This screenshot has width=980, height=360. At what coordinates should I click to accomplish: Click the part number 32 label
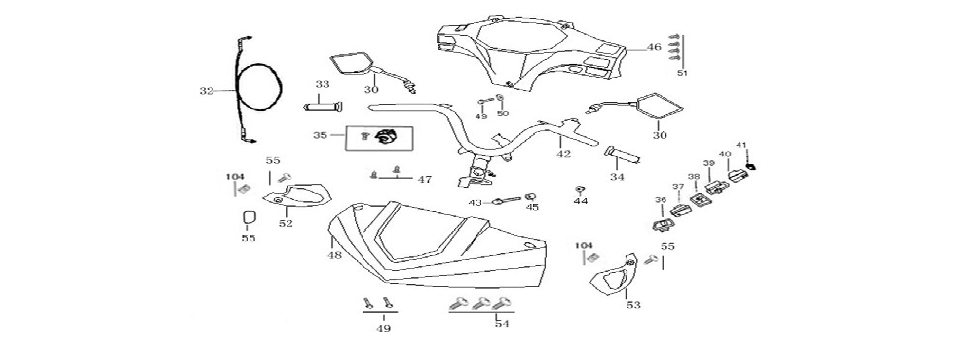point(207,91)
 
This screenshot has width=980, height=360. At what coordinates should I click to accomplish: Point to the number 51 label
point(683,73)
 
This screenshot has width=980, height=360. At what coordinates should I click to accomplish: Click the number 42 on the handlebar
point(564,154)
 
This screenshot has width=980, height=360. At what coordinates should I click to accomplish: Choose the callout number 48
point(334,255)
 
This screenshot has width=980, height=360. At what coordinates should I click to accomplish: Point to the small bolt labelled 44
point(580,189)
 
